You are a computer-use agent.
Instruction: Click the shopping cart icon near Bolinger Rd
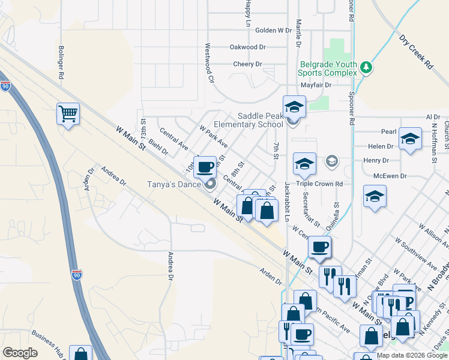(68, 113)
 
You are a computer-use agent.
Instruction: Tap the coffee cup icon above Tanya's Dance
(205, 166)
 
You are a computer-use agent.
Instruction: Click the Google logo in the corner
(20, 353)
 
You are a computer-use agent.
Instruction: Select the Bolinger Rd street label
(61, 63)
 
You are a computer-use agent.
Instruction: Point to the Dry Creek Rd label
(416, 51)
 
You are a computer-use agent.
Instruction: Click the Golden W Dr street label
(273, 30)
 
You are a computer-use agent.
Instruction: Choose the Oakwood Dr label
(247, 47)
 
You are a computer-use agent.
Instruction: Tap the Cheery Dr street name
(248, 64)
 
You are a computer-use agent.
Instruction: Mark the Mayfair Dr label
(316, 85)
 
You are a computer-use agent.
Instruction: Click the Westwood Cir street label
(209, 62)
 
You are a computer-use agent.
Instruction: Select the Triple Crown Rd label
(322, 184)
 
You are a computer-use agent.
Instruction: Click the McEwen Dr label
(390, 176)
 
